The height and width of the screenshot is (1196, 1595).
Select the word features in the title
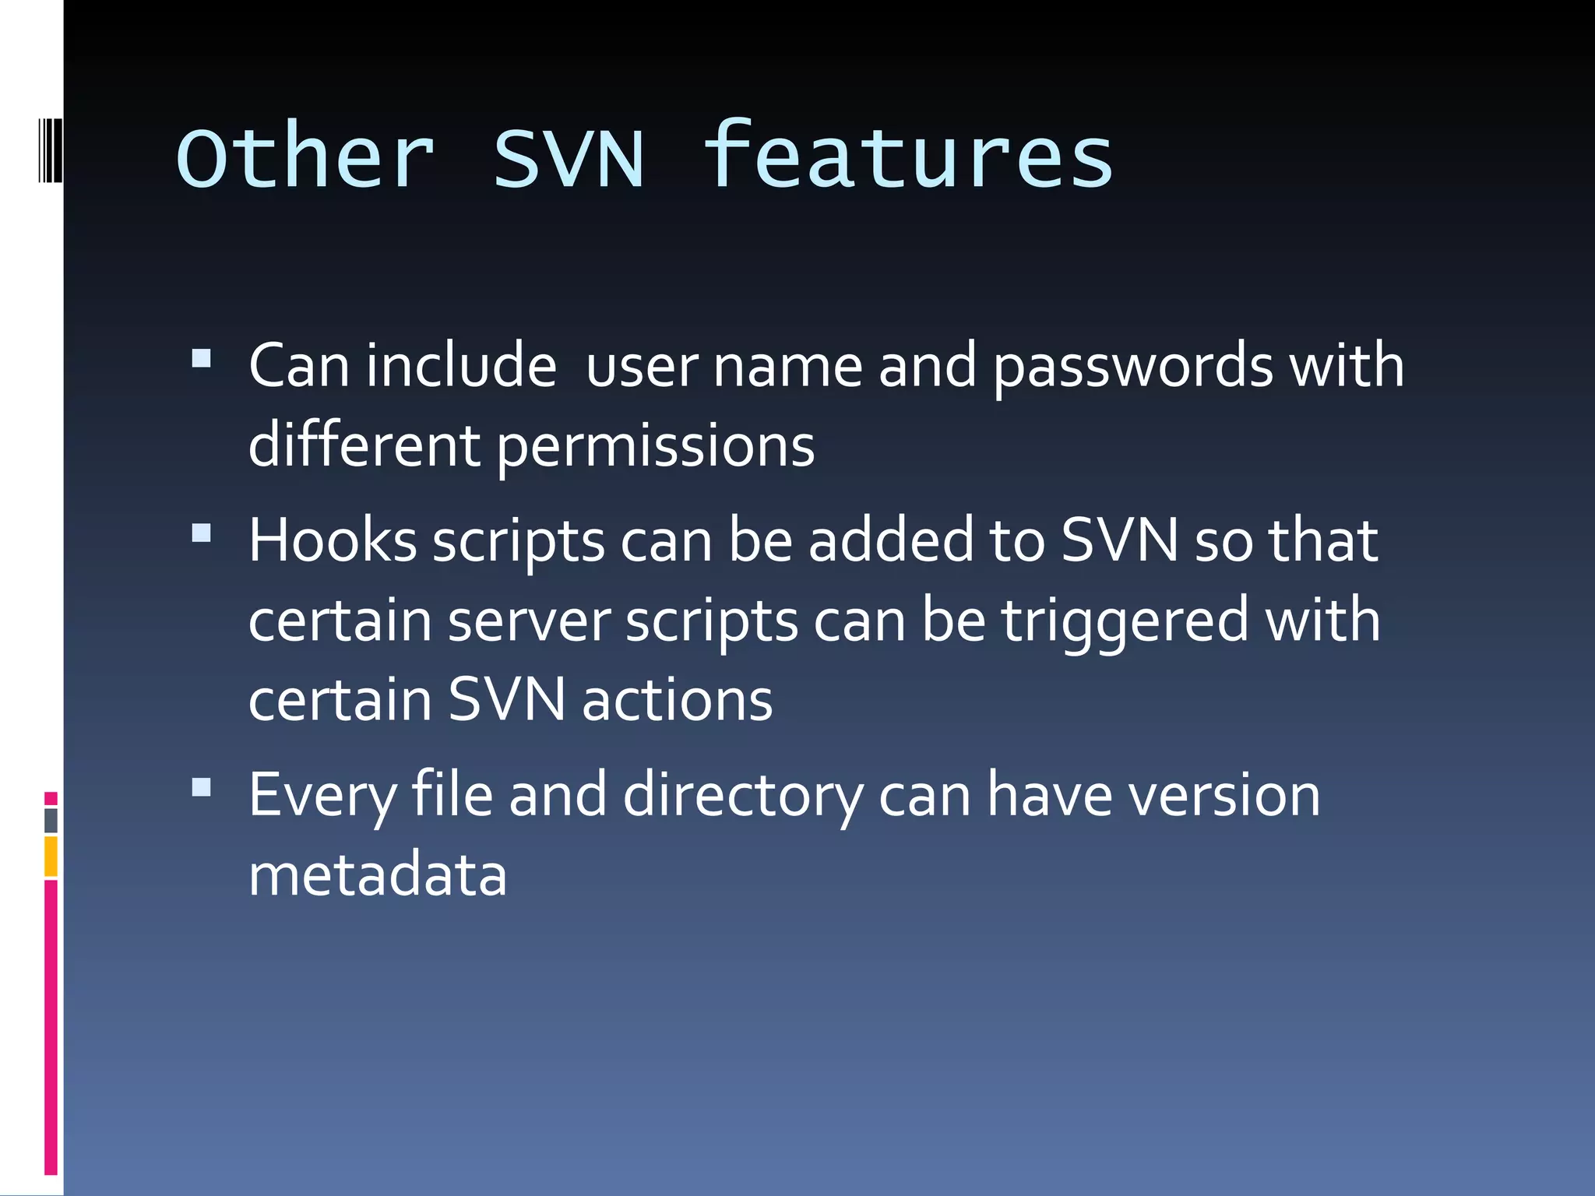(908, 156)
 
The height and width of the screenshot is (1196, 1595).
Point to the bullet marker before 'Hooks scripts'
(202, 533)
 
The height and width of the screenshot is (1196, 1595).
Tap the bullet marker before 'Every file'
(202, 787)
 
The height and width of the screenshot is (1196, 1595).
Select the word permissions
(656, 447)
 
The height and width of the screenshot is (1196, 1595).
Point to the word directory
(743, 796)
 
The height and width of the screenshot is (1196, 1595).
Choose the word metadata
(378, 874)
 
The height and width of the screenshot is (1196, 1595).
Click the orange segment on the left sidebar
(51, 857)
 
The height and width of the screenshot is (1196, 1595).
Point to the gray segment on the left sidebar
(51, 821)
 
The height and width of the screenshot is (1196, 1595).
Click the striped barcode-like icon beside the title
(50, 149)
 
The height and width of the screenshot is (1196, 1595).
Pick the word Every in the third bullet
(322, 796)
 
